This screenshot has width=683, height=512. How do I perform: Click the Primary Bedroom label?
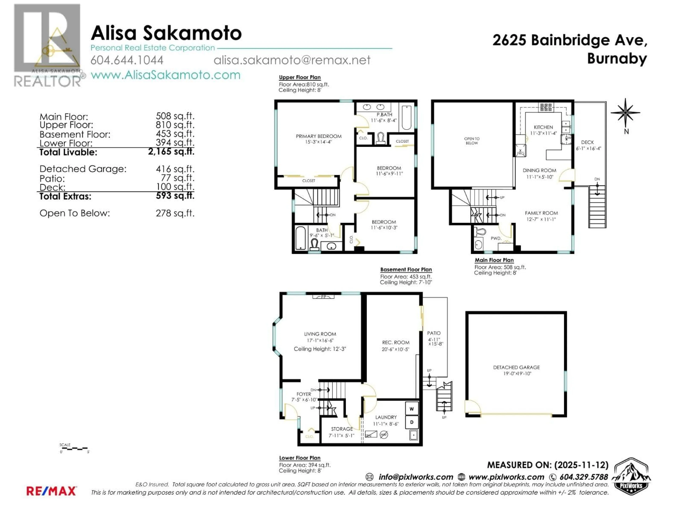(x=319, y=136)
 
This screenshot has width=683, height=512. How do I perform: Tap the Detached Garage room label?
(x=516, y=367)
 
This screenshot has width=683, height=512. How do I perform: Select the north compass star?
(x=625, y=113)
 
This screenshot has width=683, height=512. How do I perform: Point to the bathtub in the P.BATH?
(x=406, y=118)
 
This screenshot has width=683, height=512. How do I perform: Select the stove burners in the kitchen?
(x=546, y=107)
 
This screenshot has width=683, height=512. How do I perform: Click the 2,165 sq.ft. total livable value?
(x=171, y=151)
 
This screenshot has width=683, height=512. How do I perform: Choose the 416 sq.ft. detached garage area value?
(x=175, y=169)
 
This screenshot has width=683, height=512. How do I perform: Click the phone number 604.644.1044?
(x=127, y=60)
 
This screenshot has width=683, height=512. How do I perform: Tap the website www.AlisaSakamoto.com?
(x=165, y=75)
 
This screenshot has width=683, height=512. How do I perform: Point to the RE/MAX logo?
(x=51, y=491)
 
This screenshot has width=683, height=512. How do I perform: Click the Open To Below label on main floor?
(x=472, y=141)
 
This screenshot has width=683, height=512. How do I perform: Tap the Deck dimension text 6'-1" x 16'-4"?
(x=588, y=148)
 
